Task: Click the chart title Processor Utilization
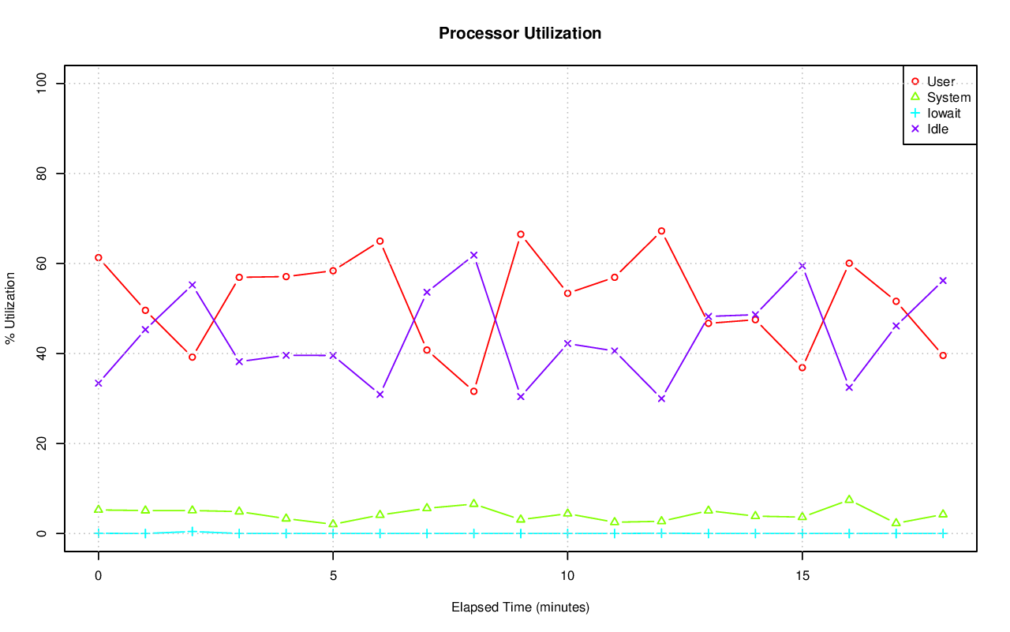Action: [520, 34]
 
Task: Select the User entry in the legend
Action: [941, 81]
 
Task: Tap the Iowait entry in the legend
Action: [944, 113]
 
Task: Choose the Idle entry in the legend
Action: [937, 129]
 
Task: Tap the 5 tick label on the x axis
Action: [333, 577]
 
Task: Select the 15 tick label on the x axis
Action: [802, 577]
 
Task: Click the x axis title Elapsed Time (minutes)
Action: [520, 608]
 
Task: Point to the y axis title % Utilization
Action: [10, 309]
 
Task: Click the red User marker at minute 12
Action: [661, 231]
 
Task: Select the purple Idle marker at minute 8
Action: [473, 255]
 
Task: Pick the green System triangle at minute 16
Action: [849, 499]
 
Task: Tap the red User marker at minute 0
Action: [98, 257]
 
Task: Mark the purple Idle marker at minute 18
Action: [943, 280]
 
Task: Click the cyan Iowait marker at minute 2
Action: [192, 531]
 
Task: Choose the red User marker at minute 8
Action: [473, 391]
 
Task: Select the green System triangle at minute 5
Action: [333, 524]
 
